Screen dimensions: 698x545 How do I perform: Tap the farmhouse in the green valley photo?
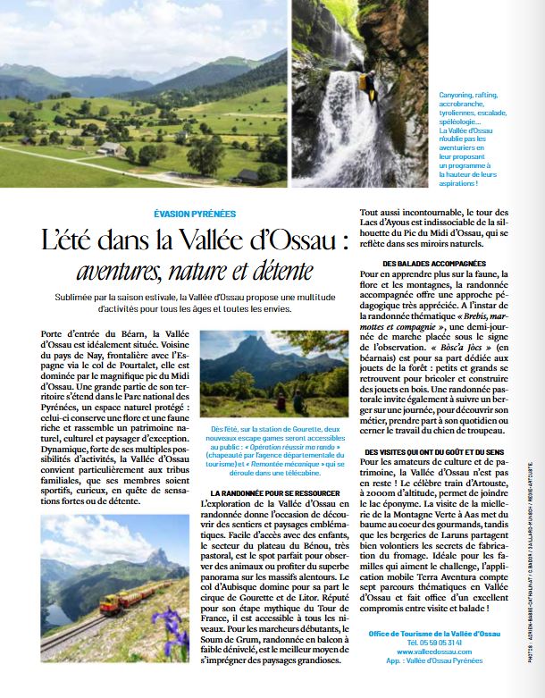110,148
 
